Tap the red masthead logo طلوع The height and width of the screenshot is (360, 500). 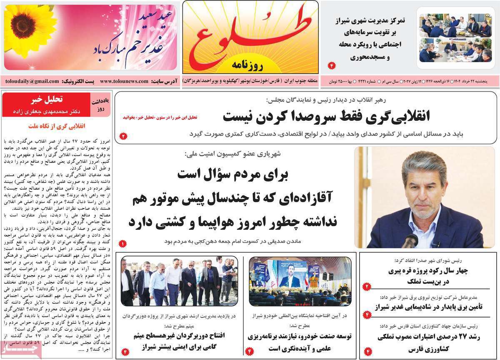(249, 35)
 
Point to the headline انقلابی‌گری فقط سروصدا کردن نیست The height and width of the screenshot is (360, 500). (326, 116)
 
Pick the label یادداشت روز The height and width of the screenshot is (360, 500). (102, 104)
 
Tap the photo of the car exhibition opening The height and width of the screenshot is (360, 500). (300, 281)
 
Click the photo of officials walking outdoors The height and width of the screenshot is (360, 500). (179, 281)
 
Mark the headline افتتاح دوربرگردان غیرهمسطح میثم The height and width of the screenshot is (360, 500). (180, 335)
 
